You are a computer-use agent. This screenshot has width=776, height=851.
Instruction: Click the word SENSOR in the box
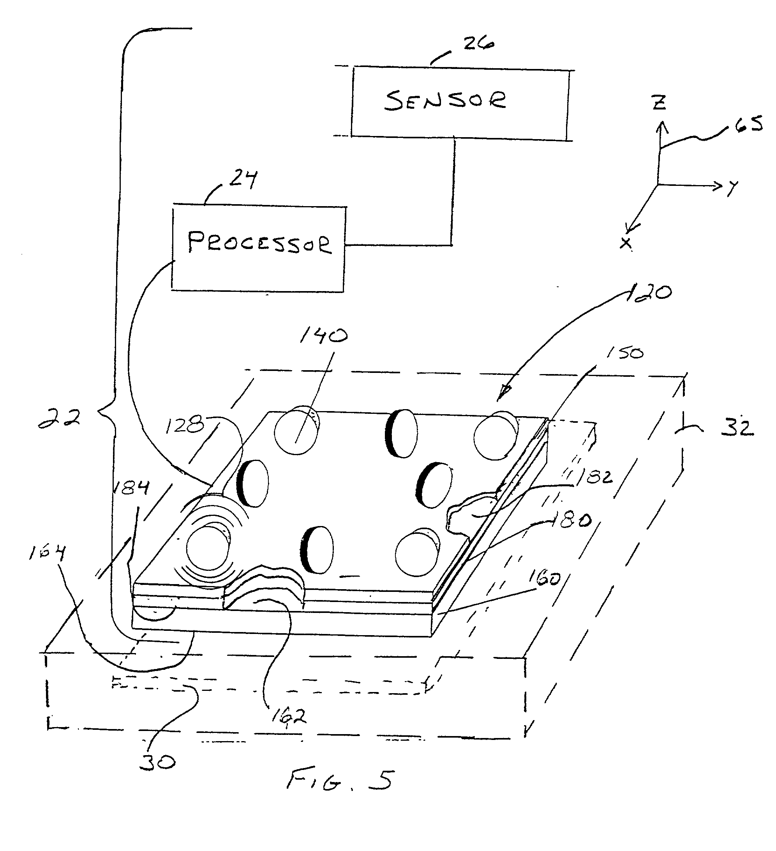[x=446, y=101]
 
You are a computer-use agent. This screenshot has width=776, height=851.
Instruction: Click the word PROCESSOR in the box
[x=259, y=242]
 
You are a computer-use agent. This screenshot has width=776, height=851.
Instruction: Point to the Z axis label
[x=659, y=102]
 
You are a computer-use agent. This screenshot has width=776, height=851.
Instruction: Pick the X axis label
[x=626, y=243]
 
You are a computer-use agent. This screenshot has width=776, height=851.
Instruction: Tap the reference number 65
[x=749, y=125]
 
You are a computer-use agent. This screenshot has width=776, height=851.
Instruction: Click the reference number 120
[x=648, y=293]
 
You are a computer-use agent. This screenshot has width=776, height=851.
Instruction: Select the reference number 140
[x=324, y=336]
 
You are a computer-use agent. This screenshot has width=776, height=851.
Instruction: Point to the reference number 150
[x=624, y=353]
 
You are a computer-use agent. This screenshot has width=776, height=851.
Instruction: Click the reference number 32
[x=737, y=427]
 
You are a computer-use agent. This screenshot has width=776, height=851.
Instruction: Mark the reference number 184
[x=131, y=487]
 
